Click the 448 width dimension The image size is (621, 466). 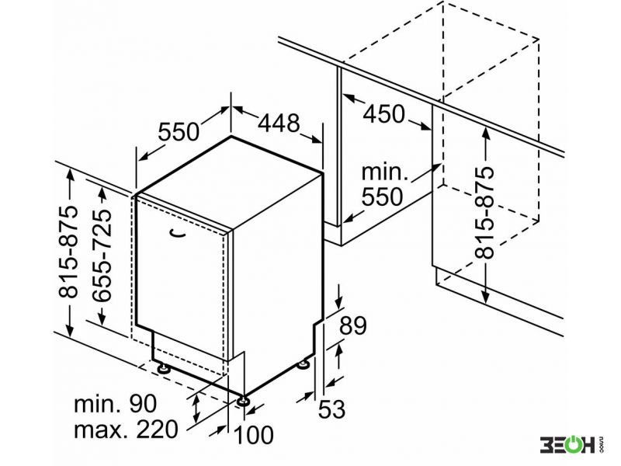[279, 123]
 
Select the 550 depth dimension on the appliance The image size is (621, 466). [179, 131]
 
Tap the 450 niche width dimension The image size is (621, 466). [384, 113]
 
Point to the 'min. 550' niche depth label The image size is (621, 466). [383, 185]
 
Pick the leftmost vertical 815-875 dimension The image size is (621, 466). [68, 252]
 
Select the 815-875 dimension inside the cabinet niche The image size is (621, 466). [484, 212]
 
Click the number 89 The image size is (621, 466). [352, 325]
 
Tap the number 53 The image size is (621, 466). [332, 409]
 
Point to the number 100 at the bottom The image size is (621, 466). [254, 434]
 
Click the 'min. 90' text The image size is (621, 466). [115, 404]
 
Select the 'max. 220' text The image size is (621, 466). [126, 429]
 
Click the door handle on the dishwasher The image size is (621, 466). [178, 234]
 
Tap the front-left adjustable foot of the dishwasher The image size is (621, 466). [163, 369]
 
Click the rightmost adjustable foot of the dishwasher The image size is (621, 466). [305, 363]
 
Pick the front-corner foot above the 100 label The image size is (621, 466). [243, 401]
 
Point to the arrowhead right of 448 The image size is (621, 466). [317, 140]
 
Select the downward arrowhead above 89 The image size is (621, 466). [338, 302]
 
